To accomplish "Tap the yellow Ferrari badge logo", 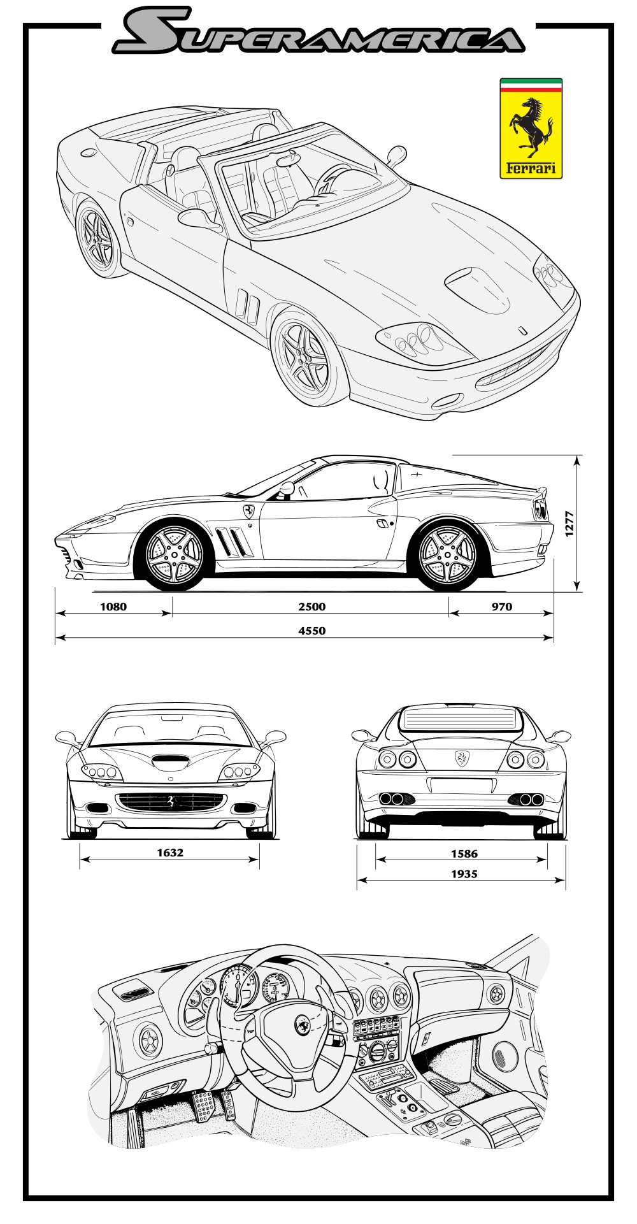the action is (531, 128).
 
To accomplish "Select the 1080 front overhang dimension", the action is (113, 607).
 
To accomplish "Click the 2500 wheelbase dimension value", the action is (311, 607).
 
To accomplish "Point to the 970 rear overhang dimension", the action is (502, 607).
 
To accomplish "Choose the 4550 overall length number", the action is (311, 631).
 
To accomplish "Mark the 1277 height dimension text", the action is (570, 524).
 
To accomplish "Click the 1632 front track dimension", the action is (170, 853).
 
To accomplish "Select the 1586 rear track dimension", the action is (464, 854).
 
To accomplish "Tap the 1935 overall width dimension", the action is (464, 874).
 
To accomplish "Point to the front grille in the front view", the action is (171, 802).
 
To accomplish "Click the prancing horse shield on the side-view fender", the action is (249, 510).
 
